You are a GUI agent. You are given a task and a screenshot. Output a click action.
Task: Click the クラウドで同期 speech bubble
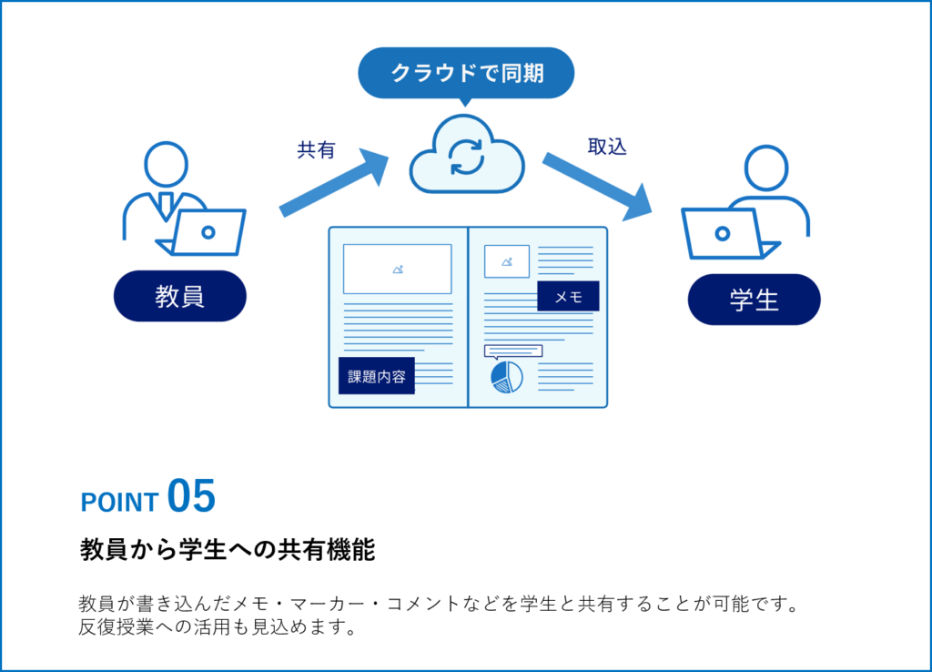pyautogui.click(x=466, y=72)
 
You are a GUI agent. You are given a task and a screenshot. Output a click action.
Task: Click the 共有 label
pyautogui.click(x=316, y=150)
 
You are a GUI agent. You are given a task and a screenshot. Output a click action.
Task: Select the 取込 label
pyautogui.click(x=607, y=147)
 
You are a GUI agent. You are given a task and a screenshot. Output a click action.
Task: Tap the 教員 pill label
pyautogui.click(x=179, y=296)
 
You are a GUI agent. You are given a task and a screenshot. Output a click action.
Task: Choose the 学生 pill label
pyautogui.click(x=754, y=300)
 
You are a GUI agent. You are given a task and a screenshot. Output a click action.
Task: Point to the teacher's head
pyautogui.click(x=167, y=165)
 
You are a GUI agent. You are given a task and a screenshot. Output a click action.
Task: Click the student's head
pyautogui.click(x=766, y=168)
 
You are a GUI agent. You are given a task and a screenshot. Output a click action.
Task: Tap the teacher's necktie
pyautogui.click(x=165, y=204)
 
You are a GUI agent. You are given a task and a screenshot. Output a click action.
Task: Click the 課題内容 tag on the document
pyautogui.click(x=377, y=376)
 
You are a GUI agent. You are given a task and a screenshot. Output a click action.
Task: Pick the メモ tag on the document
pyautogui.click(x=568, y=296)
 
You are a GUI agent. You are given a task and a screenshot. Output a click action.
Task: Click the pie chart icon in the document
pyautogui.click(x=507, y=377)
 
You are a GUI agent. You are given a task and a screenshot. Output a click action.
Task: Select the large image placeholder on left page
pyautogui.click(x=397, y=269)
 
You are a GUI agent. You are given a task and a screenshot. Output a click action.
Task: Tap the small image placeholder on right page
pyautogui.click(x=507, y=261)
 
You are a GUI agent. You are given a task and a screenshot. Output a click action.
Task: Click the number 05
pyautogui.click(x=191, y=497)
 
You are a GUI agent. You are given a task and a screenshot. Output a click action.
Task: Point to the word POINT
pyautogui.click(x=119, y=502)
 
